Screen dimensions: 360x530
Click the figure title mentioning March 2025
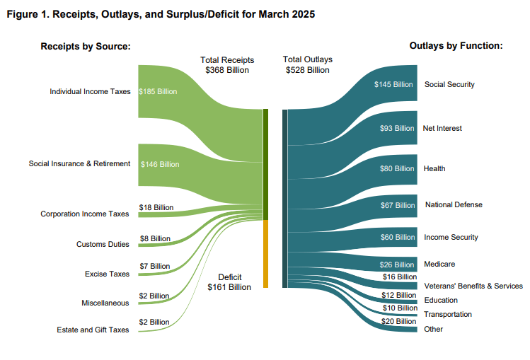[x=161, y=14]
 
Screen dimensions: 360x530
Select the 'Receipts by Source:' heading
[x=86, y=46]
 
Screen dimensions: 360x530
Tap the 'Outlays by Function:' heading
[x=456, y=46]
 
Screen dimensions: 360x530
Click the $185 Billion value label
[x=158, y=91]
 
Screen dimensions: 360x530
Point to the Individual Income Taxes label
[x=90, y=91]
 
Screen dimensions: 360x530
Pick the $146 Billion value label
[x=160, y=164]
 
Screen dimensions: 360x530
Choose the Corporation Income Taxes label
[x=85, y=214]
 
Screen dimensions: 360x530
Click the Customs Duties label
[x=103, y=244]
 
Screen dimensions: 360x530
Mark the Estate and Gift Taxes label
[x=93, y=330]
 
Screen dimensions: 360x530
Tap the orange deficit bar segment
[x=265, y=255]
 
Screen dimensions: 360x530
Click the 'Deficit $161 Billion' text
[x=229, y=282]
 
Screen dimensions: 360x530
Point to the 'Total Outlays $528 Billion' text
[x=307, y=65]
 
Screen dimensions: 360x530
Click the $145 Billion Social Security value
[x=393, y=84]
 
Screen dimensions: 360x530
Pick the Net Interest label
[x=442, y=128]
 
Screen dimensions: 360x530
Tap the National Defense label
[x=454, y=204]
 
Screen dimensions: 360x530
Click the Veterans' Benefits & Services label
[x=473, y=286]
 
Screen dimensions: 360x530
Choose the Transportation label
[x=447, y=314]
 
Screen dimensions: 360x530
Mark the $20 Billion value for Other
[x=399, y=321]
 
